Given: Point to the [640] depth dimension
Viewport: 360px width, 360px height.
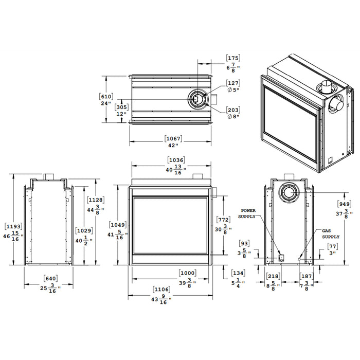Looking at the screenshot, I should click(50, 279).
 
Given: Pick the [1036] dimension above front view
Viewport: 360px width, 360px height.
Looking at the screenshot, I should click(173, 160).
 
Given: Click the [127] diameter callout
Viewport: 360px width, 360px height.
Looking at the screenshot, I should click(233, 83).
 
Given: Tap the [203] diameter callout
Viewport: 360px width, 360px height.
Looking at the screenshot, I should click(233, 110).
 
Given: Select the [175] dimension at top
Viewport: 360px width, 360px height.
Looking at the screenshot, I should click(233, 58).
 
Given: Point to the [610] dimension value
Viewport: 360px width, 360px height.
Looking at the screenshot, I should click(106, 96).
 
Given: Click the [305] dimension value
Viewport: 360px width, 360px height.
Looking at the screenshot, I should click(122, 107).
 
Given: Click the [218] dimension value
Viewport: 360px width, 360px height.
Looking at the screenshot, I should click(273, 276).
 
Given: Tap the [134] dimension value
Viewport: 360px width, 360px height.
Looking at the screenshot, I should click(238, 273).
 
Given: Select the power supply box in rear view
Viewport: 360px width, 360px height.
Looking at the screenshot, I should click(281, 258).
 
